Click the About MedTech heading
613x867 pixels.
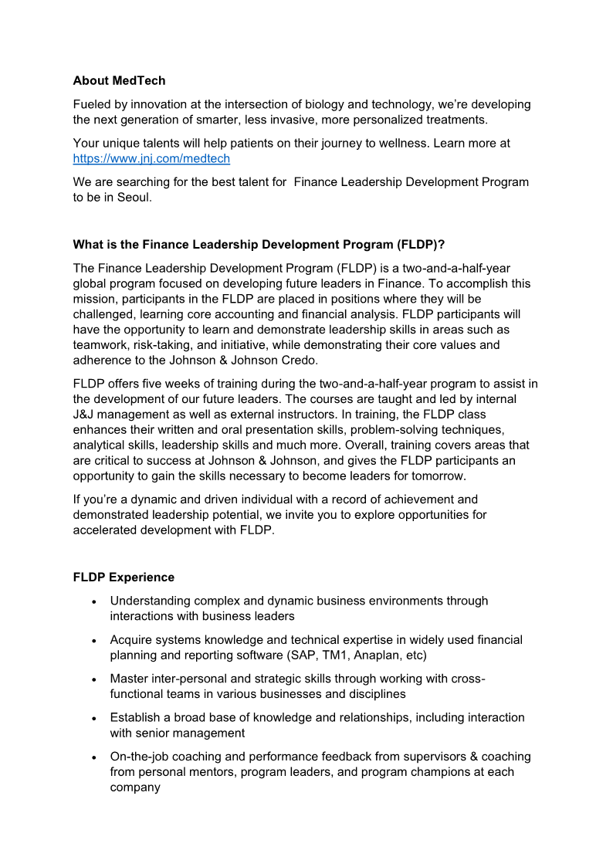[x=119, y=80]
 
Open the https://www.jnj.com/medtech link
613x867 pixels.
[x=151, y=159]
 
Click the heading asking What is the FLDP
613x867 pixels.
[x=259, y=245]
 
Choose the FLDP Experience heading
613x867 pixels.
[x=124, y=577]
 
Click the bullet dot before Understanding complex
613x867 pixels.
[x=93, y=601]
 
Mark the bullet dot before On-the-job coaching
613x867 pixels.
[x=93, y=757]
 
